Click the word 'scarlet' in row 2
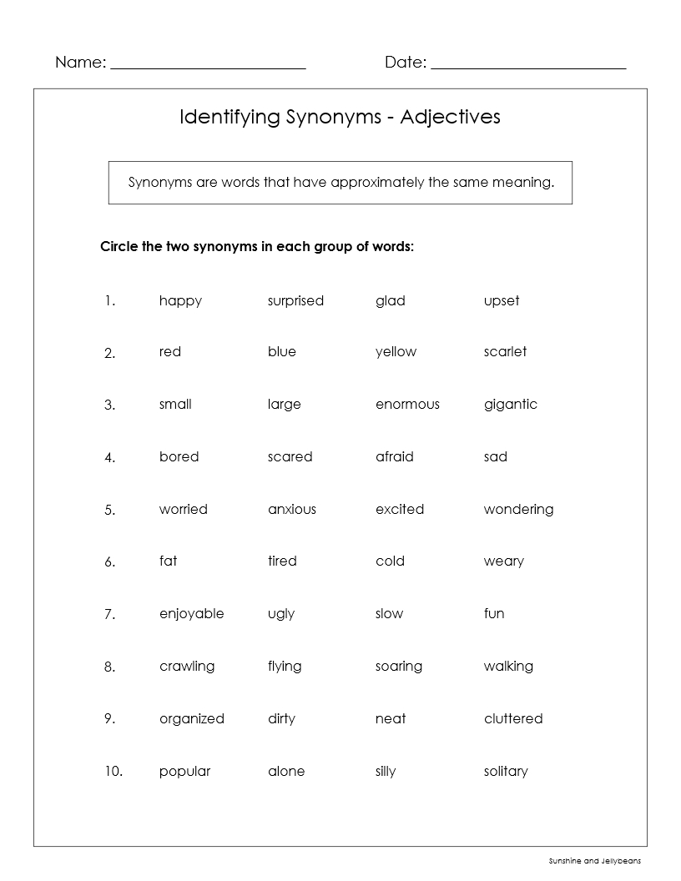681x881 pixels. coord(505,352)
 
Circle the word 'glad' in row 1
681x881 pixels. coord(390,300)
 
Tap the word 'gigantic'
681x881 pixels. coord(510,405)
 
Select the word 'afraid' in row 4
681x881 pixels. coord(394,456)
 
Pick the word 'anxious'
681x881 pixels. coord(291,509)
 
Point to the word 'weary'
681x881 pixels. coord(503,561)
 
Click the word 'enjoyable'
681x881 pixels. coord(191,614)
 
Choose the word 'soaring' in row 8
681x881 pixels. coord(398,666)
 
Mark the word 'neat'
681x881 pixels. coord(390,718)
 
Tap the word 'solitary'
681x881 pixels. coord(505,771)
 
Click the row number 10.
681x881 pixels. coord(113,772)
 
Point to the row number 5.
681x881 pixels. coord(109,510)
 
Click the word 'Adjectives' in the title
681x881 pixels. coord(450,116)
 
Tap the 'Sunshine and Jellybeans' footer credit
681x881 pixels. coord(594,861)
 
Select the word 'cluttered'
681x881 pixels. coord(512,718)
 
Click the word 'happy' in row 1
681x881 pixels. coord(180,300)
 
